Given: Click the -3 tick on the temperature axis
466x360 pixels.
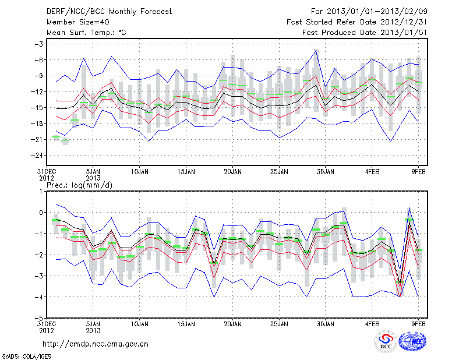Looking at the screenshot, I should pos(40,44).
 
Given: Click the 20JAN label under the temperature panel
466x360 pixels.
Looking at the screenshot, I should pos(232,172).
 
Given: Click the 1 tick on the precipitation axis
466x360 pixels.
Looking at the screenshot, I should pos(41,191).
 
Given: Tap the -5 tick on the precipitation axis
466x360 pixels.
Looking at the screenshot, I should pos(39,318).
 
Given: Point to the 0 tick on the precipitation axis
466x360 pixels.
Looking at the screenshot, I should pos(41,213).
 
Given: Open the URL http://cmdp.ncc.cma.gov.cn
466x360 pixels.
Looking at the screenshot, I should pos(96,344).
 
